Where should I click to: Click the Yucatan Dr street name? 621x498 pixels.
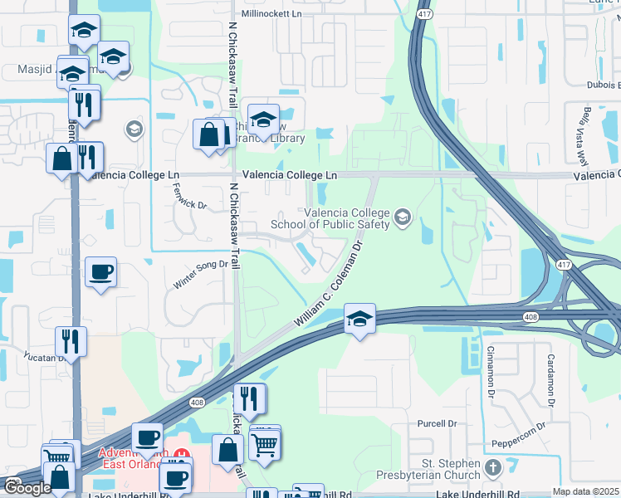42,356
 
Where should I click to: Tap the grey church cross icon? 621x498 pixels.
493,468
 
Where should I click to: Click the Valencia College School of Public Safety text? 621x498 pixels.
345,218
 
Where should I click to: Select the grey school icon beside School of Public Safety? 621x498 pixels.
403,217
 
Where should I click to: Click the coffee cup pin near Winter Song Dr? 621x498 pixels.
101,272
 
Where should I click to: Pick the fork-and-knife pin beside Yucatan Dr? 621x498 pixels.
71,341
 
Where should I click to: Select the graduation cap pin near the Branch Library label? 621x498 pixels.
263,119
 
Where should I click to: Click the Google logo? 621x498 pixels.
27,488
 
